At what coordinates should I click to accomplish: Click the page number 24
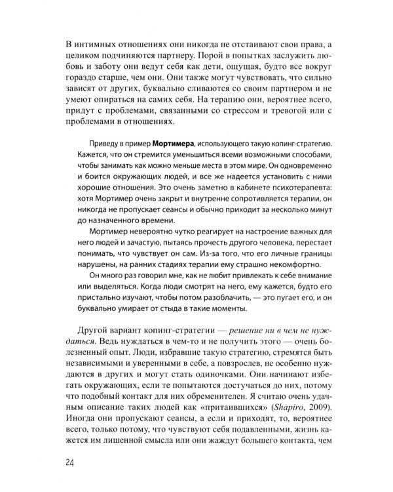[x=73, y=462]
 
